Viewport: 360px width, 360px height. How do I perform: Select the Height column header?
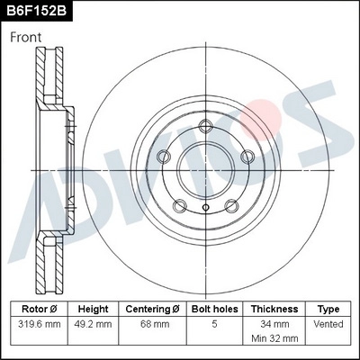click(93, 308)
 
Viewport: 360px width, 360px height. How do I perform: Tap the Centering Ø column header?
click(150, 308)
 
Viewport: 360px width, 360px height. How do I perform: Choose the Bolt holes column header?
click(212, 308)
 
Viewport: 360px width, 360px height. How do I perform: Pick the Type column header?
click(328, 308)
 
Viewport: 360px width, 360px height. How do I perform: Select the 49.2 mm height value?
click(93, 322)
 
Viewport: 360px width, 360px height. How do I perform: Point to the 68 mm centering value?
click(150, 322)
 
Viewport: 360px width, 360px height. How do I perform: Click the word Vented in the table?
click(328, 322)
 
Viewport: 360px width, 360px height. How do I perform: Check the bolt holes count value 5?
click(212, 322)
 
